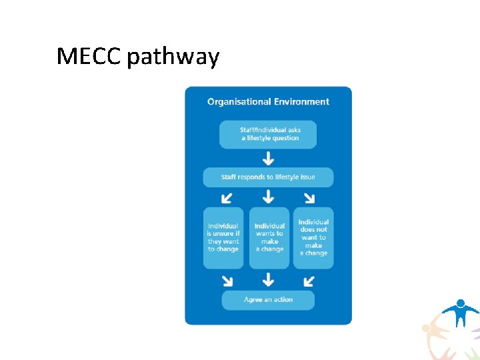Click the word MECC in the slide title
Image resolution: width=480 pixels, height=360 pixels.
89,57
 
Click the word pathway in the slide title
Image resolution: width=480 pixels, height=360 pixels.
173,59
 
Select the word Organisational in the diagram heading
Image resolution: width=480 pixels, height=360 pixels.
239,102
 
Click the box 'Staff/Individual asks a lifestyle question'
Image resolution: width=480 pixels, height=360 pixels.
268,134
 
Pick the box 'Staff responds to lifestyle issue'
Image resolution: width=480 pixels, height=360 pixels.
268,177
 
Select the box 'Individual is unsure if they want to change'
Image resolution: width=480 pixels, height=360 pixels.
223,237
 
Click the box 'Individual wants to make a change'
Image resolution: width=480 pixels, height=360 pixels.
269,237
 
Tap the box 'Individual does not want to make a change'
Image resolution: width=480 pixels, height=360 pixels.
313,237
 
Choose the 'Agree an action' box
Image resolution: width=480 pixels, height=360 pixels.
268,300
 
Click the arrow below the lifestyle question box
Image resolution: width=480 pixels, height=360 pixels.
268,158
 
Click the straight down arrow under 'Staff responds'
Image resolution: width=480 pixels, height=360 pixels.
268,197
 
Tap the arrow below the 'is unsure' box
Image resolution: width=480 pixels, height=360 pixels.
227,279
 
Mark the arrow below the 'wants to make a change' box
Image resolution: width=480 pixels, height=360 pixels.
268,279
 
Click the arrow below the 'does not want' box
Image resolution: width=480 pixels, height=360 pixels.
309,279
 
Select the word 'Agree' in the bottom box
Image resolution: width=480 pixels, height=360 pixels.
253,300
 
